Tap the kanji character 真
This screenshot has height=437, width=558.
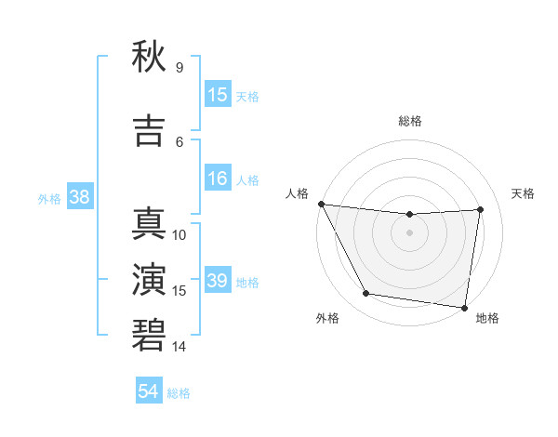[150, 224]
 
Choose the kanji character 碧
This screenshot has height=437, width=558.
[150, 337]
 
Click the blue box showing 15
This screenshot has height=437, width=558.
[218, 95]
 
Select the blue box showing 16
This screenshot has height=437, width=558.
[218, 179]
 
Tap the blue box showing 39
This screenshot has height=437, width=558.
[218, 281]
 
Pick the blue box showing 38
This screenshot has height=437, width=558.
[79, 197]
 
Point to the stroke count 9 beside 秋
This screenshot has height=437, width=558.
[179, 68]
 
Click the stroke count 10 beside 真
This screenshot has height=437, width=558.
[179, 235]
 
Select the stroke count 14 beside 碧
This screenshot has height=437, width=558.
[179, 347]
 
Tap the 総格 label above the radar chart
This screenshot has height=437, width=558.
[409, 121]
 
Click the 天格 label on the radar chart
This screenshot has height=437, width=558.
[523, 193]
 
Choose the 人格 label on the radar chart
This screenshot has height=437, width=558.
[297, 193]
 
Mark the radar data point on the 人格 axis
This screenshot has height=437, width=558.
[321, 204]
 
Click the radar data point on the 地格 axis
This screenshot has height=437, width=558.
[464, 307]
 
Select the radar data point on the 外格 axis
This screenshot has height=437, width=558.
[365, 294]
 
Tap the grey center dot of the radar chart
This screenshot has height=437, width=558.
[409, 232]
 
